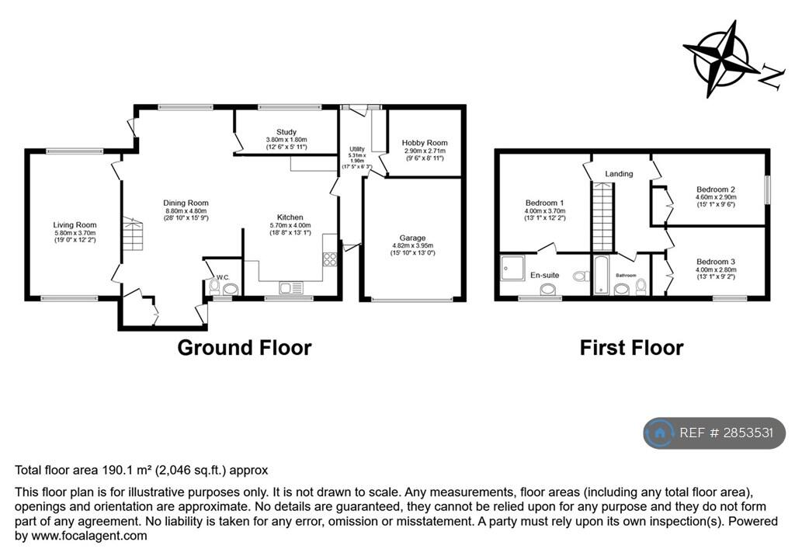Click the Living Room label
(x=75, y=225)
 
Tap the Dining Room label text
(x=186, y=203)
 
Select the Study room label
(x=286, y=133)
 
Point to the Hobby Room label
(x=425, y=143)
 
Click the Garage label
(x=413, y=238)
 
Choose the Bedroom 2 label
(x=715, y=189)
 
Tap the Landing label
(x=620, y=174)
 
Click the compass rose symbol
(x=722, y=59)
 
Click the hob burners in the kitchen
(x=330, y=259)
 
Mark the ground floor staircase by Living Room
(x=133, y=234)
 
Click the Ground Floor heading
(x=245, y=347)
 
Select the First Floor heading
(x=631, y=348)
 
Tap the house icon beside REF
(x=659, y=433)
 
